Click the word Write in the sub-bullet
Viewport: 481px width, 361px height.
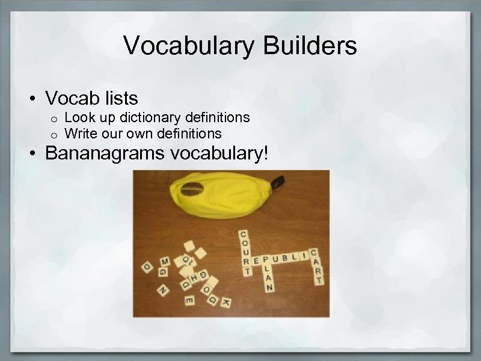tap(79, 132)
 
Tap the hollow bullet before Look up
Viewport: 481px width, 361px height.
tap(54, 118)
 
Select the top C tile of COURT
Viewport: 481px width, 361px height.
tap(244, 233)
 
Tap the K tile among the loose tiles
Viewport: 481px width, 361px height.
tap(226, 301)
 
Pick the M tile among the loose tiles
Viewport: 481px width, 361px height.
tap(164, 261)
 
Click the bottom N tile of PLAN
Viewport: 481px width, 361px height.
tap(269, 288)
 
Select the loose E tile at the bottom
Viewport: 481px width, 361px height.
tap(189, 300)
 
